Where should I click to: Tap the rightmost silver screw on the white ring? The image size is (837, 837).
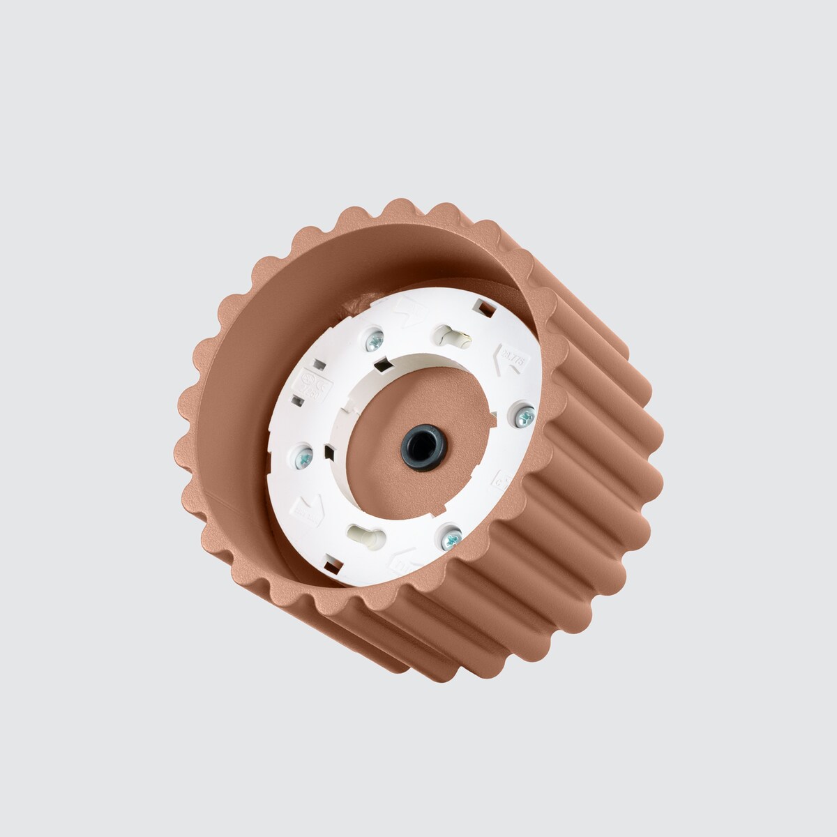(x=525, y=416)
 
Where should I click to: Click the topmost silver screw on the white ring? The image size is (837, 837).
(x=375, y=341)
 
